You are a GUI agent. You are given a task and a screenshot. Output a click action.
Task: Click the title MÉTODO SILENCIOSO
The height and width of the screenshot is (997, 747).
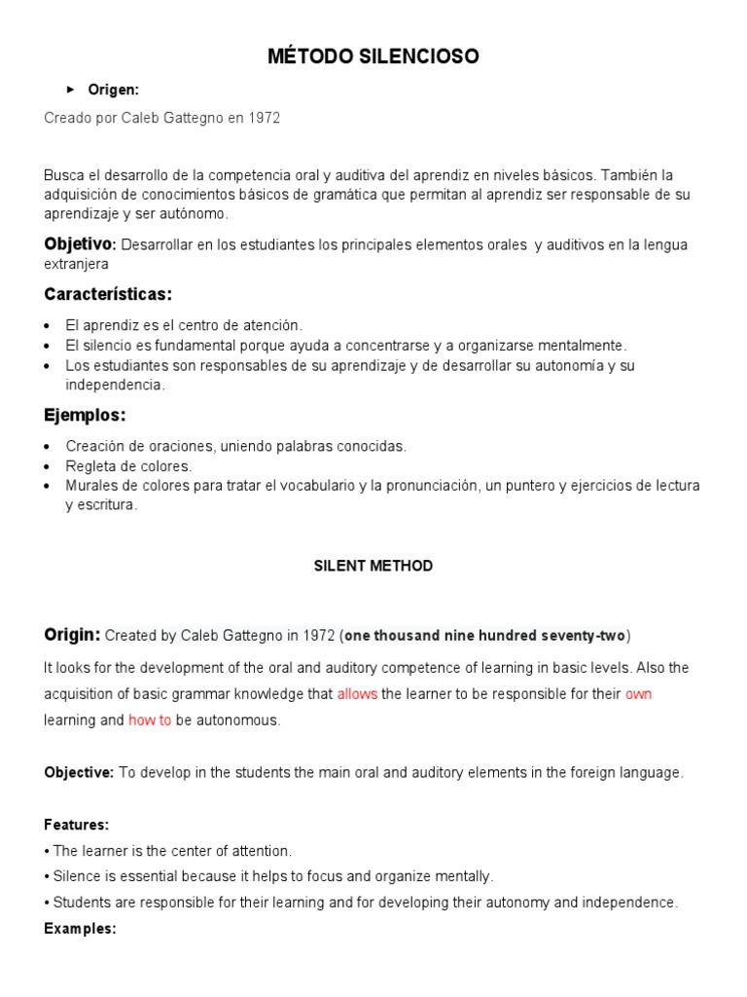373,57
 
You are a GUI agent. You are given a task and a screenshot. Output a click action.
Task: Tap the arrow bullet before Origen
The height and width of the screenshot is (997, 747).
70,90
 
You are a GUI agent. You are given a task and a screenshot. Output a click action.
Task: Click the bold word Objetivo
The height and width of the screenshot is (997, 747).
79,243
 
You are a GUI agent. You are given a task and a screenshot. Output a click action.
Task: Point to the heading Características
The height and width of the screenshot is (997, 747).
108,293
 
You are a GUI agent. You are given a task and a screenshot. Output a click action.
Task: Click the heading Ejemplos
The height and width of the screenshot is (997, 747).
85,415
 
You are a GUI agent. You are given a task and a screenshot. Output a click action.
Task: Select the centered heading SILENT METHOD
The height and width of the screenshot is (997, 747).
373,566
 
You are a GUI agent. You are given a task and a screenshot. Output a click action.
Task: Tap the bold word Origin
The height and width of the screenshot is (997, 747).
71,635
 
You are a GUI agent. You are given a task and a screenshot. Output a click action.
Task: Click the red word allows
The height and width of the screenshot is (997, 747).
357,694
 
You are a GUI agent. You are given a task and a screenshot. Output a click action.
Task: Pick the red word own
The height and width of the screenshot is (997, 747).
638,694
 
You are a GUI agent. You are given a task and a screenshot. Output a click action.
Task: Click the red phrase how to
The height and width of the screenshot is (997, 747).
150,720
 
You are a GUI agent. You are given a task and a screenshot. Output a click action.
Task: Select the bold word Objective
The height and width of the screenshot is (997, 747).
79,773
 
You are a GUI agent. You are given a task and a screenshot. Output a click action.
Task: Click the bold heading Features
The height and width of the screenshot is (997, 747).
76,825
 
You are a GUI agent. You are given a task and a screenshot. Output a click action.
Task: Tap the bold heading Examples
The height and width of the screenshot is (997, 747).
80,929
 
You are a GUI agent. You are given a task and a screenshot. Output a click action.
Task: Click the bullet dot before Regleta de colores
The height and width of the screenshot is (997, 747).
49,466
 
